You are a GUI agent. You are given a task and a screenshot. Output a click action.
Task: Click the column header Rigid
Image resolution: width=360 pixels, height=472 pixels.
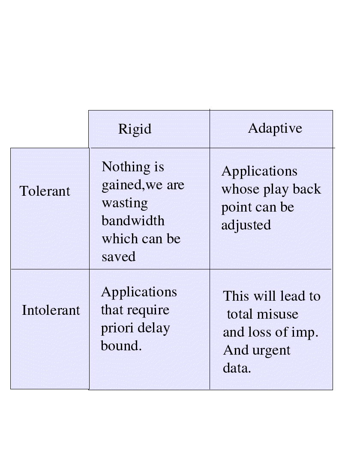coord(135,129)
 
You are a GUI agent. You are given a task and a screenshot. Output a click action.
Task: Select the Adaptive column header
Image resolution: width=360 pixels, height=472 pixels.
coord(275,128)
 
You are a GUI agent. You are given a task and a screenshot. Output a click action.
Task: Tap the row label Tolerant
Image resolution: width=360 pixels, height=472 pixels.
coord(45,191)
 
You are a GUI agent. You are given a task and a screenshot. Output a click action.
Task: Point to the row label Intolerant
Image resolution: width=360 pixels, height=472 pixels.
coord(51,310)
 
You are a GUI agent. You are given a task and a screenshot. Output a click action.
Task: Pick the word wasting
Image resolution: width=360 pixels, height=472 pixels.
coord(125,203)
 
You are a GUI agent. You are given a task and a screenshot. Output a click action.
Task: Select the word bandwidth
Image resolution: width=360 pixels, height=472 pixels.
coord(133,221)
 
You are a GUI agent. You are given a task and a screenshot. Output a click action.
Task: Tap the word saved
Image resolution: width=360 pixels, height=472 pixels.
coord(119,257)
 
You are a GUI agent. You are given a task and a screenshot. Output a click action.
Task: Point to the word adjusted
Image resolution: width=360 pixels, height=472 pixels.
coord(246,225)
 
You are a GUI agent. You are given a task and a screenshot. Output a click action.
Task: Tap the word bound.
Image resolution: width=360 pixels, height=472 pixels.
coord(120,346)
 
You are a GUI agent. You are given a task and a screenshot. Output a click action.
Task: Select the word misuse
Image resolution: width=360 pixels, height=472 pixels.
coord(277,314)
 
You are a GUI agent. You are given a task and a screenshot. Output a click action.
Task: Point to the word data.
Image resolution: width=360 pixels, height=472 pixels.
coord(236,368)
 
